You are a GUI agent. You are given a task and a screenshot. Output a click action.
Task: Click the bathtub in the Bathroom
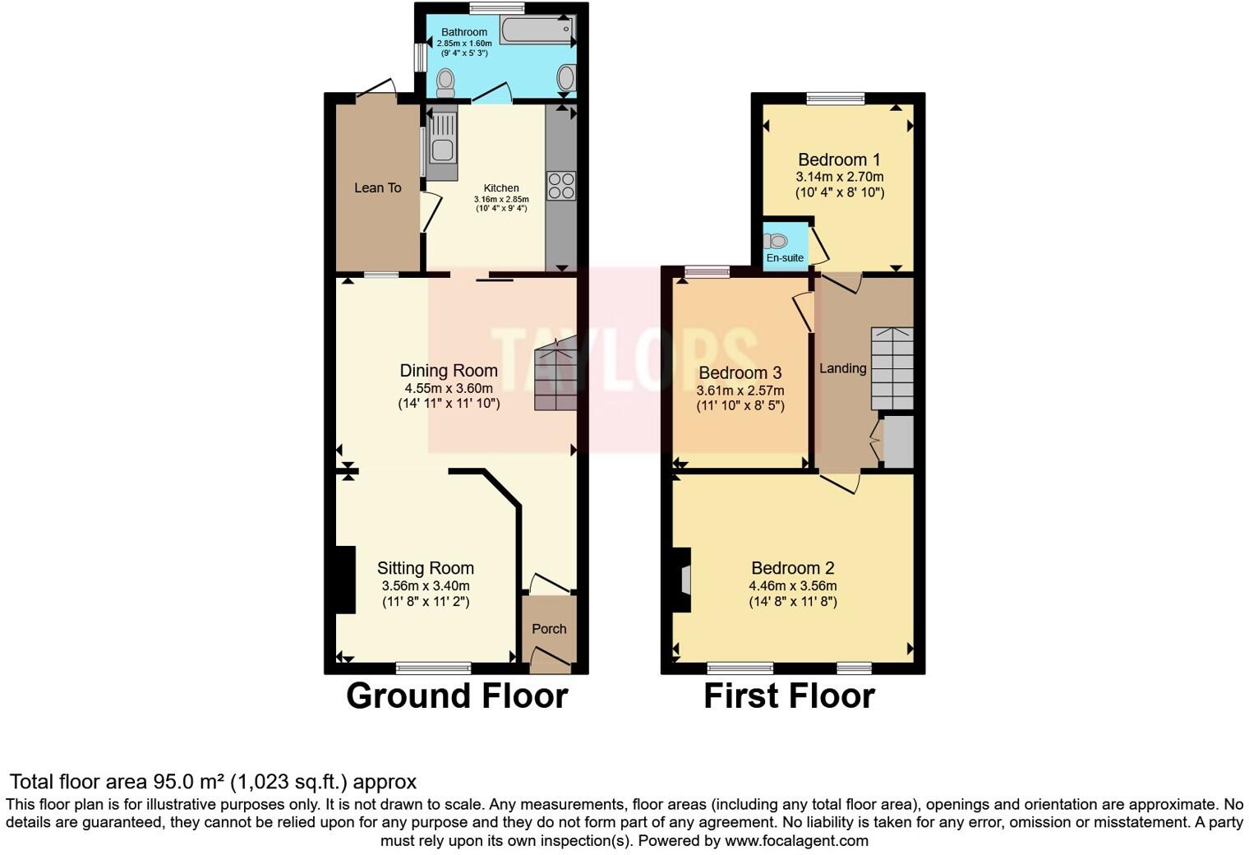pyautogui.click(x=536, y=30)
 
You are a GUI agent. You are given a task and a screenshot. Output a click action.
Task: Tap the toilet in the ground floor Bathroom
pyautogui.click(x=445, y=81)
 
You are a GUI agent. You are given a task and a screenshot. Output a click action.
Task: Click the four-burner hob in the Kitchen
pyautogui.click(x=561, y=186)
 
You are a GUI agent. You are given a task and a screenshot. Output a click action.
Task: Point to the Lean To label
pyautogui.click(x=377, y=188)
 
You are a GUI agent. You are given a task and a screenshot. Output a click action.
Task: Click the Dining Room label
pyautogui.click(x=449, y=371)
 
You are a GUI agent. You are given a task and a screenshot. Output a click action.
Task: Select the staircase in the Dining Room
pyautogui.click(x=555, y=378)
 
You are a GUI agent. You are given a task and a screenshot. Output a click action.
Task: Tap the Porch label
pyautogui.click(x=549, y=629)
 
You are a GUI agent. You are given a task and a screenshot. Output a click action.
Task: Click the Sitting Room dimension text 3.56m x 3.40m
pyautogui.click(x=426, y=586)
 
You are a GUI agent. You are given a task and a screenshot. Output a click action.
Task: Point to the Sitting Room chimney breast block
pyautogui.click(x=344, y=580)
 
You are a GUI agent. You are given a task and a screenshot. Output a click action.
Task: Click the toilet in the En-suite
pyautogui.click(x=777, y=241)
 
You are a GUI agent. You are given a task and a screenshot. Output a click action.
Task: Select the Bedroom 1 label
pyautogui.click(x=839, y=159)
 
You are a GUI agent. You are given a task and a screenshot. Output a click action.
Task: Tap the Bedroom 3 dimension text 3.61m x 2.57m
pyautogui.click(x=740, y=391)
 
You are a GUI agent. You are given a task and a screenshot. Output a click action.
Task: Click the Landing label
pyautogui.click(x=842, y=368)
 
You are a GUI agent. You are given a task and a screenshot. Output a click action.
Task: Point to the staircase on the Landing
pyautogui.click(x=892, y=368)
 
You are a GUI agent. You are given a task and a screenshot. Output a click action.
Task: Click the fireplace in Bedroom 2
pyautogui.click(x=682, y=580)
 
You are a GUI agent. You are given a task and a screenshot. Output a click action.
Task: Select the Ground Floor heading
pyautogui.click(x=457, y=696)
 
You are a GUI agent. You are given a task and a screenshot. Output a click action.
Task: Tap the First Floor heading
pyautogui.click(x=789, y=696)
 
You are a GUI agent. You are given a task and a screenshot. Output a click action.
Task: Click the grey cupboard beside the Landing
pyautogui.click(x=897, y=442)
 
